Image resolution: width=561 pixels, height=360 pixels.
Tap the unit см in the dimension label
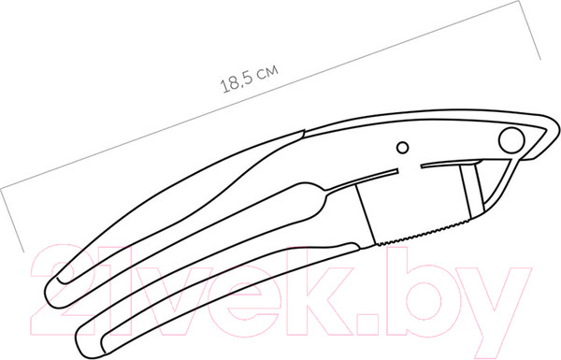pos(267,72)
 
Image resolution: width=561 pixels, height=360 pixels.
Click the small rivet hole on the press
pos(403,148)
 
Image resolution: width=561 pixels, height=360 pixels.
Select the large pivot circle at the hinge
pos(511,140)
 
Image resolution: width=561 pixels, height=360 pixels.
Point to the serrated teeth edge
pos(424,234)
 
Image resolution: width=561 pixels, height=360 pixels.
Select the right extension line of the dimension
pos(529,30)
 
